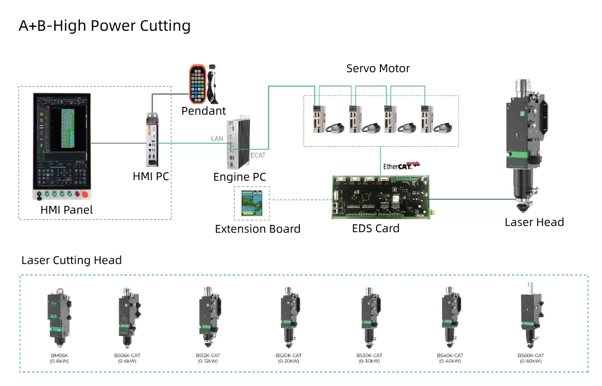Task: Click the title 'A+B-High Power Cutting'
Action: click(105, 26)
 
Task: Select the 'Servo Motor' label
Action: click(378, 69)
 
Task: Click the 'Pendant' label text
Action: click(204, 111)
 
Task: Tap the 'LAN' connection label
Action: click(217, 138)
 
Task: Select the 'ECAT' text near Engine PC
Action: click(257, 155)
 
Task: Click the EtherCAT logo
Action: click(401, 166)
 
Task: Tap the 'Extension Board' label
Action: click(257, 229)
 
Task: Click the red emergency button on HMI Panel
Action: click(86, 195)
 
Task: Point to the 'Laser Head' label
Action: click(534, 222)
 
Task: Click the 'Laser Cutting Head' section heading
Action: click(71, 260)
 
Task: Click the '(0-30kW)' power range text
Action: click(369, 361)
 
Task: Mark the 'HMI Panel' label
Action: click(67, 210)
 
